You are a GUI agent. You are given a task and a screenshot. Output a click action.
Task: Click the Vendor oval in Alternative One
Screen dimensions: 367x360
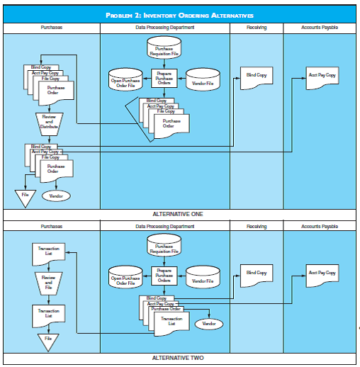[x=56, y=196]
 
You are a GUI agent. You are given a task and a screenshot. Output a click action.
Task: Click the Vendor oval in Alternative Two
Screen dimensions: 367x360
[x=208, y=323]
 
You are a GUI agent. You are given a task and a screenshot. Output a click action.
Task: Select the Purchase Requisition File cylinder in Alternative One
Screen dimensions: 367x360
[x=164, y=49]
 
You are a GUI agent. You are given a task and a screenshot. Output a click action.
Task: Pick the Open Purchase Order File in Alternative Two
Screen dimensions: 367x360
[x=127, y=280]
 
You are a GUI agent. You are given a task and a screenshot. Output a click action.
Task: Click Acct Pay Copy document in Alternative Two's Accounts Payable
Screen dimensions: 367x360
[x=321, y=273]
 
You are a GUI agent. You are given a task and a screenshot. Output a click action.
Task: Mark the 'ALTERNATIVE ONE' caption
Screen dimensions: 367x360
[x=179, y=213]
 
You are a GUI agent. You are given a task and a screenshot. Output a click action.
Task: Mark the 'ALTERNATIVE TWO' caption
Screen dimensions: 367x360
[x=179, y=358]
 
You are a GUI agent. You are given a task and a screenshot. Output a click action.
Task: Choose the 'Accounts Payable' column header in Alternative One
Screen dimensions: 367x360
[x=320, y=27]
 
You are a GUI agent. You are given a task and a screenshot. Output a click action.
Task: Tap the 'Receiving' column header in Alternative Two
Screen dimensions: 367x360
[x=256, y=226]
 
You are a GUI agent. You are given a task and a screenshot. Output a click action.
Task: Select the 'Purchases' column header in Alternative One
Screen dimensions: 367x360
[x=51, y=27]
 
